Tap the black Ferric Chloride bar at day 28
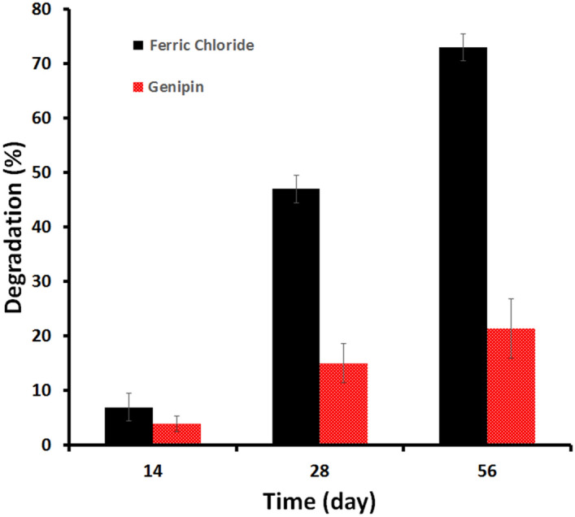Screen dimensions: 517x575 pos(296,317)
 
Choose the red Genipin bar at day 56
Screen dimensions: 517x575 pos(511,387)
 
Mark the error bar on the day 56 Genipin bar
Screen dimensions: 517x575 pos(511,328)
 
